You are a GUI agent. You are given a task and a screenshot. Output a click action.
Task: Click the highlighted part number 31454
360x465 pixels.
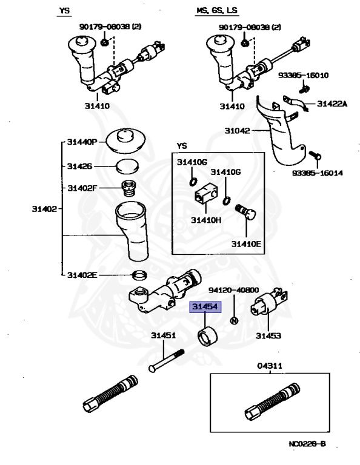[206, 308]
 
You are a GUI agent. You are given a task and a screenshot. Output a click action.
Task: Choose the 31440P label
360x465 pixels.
[82, 142]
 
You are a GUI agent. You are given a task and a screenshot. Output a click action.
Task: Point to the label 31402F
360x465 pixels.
[82, 188]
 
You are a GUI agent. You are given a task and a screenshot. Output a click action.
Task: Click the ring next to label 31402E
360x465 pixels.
[139, 276]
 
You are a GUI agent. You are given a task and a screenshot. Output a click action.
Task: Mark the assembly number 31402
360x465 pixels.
[44, 209]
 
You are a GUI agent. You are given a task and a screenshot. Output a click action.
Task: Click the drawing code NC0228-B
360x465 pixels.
[308, 444]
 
